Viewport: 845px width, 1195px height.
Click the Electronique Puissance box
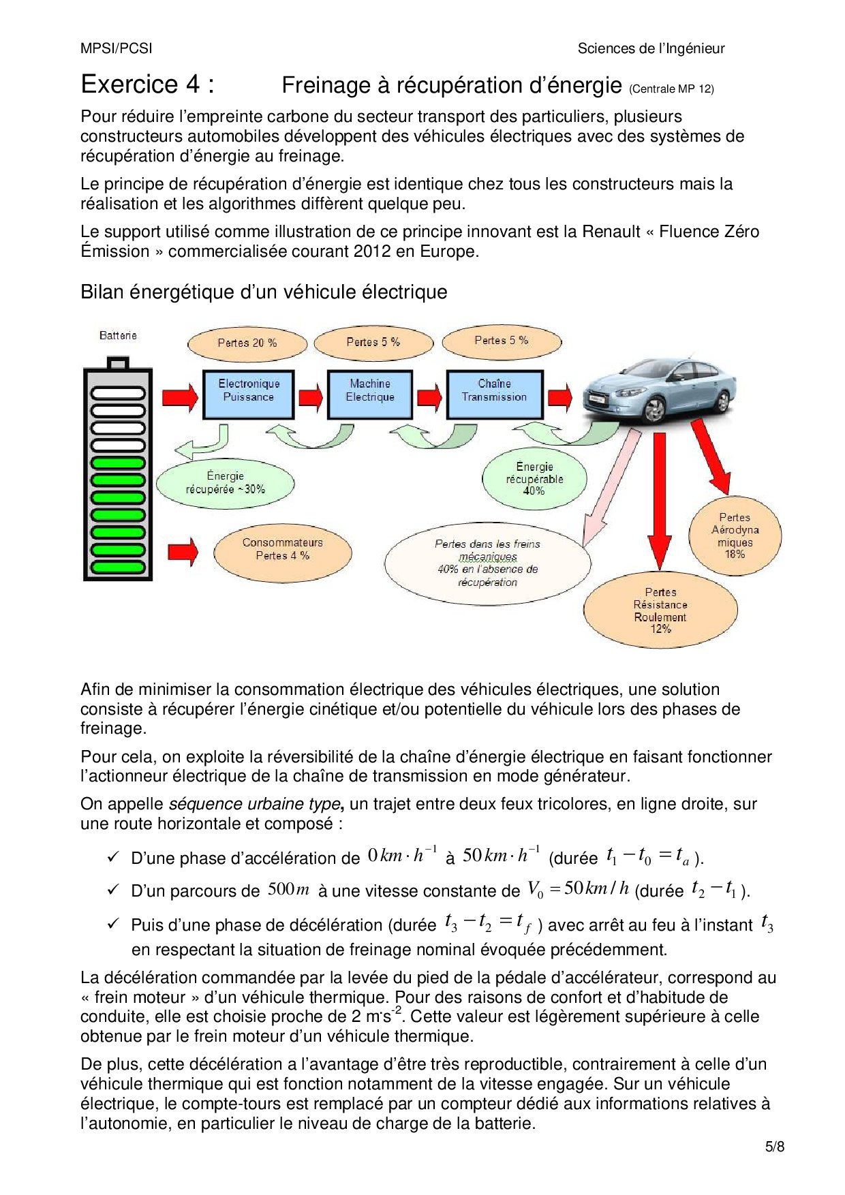pos(248,394)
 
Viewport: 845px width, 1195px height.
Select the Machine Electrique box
pos(370,394)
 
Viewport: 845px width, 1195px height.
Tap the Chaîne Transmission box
pos(494,394)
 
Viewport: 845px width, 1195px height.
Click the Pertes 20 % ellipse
pos(247,343)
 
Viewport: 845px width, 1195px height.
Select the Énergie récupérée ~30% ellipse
pos(225,483)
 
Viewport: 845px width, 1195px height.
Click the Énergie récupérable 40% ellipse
pos(534,479)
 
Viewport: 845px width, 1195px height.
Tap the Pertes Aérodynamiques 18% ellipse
pos(735,536)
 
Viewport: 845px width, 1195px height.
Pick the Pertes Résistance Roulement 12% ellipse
pos(660,610)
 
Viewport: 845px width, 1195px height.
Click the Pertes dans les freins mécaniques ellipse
pos(487,563)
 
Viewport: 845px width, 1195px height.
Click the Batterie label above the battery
pos(118,335)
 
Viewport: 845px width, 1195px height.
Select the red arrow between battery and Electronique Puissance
pos(180,397)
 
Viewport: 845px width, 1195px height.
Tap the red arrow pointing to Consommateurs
pos(183,551)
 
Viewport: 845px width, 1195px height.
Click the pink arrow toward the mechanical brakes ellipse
pos(611,488)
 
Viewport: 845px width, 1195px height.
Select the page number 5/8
pos(775,1147)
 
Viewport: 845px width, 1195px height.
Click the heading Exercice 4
pos(147,84)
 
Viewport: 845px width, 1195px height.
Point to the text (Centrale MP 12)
pos(671,89)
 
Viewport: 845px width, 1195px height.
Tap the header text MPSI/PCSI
pos(117,48)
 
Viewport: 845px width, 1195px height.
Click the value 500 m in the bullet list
pos(288,889)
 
